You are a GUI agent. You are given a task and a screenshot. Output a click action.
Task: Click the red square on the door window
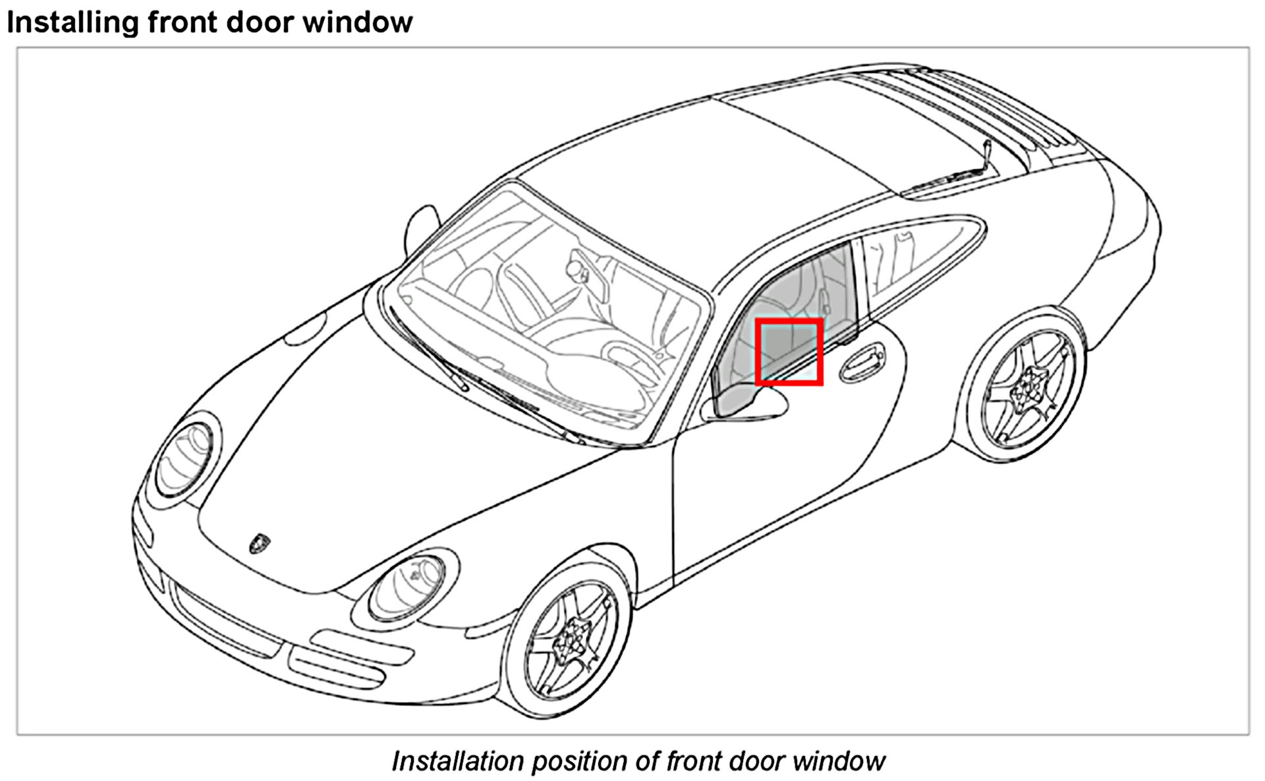[789, 352]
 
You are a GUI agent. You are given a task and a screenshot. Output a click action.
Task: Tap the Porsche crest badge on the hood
[260, 543]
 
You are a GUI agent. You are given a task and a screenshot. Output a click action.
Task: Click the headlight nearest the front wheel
[408, 588]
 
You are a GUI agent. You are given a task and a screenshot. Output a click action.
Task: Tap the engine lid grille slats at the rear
[988, 105]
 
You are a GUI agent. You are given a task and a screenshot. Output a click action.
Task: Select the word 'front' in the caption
[692, 761]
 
